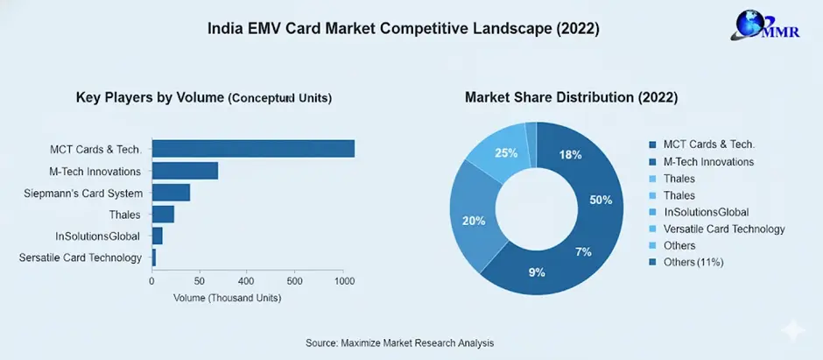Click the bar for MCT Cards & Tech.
[x=253, y=149]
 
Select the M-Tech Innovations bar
[x=185, y=171]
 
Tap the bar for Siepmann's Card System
[x=171, y=193]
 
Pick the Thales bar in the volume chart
[x=163, y=215]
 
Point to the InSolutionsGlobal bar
[x=158, y=236]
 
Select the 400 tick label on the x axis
[x=246, y=281]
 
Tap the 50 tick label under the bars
[x=199, y=281]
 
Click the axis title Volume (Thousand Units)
[x=228, y=298]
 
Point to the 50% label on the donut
[x=601, y=200]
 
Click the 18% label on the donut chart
[x=571, y=155]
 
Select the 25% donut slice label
[x=506, y=154]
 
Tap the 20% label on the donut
[x=474, y=221]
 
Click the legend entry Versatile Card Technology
[x=723, y=229]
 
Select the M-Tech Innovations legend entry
[x=707, y=161]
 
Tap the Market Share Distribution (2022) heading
[x=571, y=97]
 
